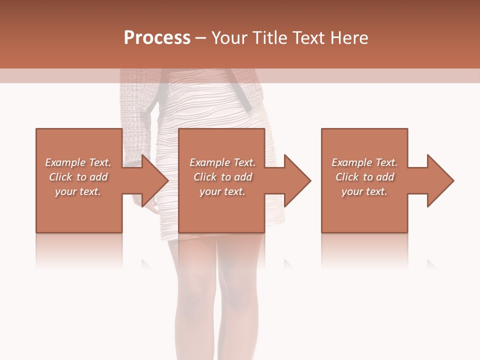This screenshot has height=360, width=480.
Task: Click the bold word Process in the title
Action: (x=157, y=38)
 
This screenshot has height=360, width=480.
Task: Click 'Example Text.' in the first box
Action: (x=78, y=162)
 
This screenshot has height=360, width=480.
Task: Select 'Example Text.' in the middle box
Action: (x=222, y=162)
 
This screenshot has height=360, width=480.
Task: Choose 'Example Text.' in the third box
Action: (x=364, y=162)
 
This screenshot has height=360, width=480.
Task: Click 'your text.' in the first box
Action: (x=78, y=191)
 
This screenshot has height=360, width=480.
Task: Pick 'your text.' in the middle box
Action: (x=222, y=191)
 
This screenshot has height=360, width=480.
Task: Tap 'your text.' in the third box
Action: (x=364, y=191)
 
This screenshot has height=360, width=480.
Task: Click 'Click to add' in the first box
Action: (x=78, y=177)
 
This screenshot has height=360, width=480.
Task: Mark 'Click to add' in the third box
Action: (x=364, y=177)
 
